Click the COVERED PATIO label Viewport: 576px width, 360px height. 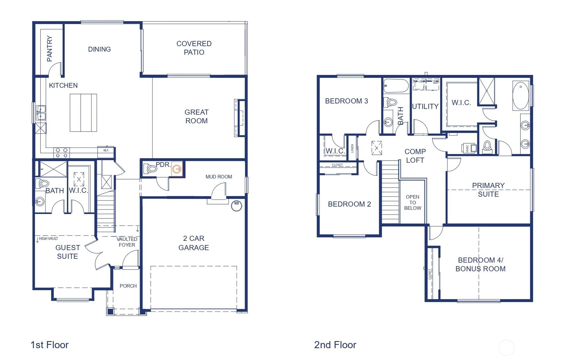pyautogui.click(x=194, y=48)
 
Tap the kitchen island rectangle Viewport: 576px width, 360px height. pyautogui.click(x=83, y=113)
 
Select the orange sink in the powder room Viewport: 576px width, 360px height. pyautogui.click(x=177, y=169)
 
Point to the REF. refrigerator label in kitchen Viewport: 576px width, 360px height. pyautogui.click(x=106, y=151)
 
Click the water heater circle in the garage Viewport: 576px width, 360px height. pyautogui.click(x=236, y=205)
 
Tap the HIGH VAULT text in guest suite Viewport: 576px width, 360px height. pyautogui.click(x=48, y=239)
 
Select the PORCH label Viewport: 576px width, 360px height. pyautogui.click(x=128, y=286)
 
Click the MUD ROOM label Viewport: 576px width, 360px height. pyautogui.click(x=219, y=177)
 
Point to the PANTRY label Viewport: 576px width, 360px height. pyautogui.click(x=50, y=49)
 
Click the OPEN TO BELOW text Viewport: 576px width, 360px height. pyautogui.click(x=412, y=203)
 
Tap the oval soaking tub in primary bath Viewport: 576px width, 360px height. pyautogui.click(x=521, y=96)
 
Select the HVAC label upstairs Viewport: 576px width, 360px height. pyautogui.click(x=467, y=148)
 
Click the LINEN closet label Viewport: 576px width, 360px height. pyautogui.click(x=352, y=149)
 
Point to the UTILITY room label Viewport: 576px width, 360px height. pyautogui.click(x=425, y=107)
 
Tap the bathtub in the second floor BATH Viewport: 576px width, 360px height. pyautogui.click(x=396, y=86)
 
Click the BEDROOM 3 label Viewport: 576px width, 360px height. pyautogui.click(x=346, y=101)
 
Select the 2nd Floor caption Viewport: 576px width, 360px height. pyautogui.click(x=335, y=345)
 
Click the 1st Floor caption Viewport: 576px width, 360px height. pyautogui.click(x=49, y=345)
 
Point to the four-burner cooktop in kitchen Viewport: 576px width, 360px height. pyautogui.click(x=61, y=153)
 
